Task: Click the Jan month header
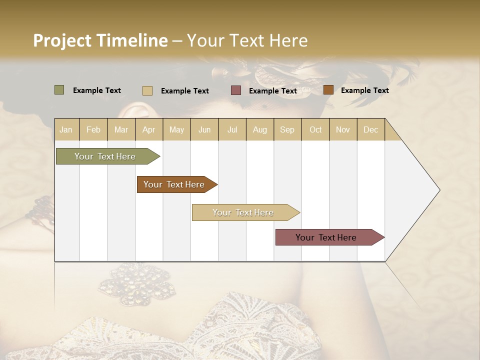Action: [66, 129]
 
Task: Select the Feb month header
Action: [93, 129]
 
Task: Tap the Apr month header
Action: [148, 129]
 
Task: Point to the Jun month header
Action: [204, 129]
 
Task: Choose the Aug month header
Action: [259, 129]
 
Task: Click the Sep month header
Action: [287, 129]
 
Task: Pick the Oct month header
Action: [315, 129]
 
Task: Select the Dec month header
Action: [370, 129]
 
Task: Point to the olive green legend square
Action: [59, 90]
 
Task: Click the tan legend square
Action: [147, 90]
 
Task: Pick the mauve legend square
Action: [236, 90]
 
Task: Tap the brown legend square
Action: [328, 90]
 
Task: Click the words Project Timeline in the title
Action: [100, 40]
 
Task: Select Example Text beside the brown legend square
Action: [364, 90]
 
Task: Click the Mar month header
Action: [121, 129]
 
